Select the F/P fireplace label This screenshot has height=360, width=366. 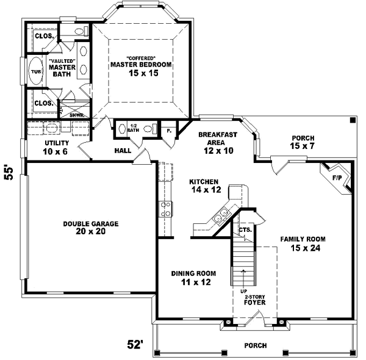point(336,178)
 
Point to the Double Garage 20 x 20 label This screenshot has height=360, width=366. point(90,227)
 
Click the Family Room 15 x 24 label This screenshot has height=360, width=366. point(303,243)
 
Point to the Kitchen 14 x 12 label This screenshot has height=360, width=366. point(204,186)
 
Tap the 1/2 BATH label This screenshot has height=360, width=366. point(133,129)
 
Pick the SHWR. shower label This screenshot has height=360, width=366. point(76,114)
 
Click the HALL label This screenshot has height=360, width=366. point(123,150)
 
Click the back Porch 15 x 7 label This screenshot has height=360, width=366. point(303,142)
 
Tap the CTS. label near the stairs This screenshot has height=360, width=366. point(245,230)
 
